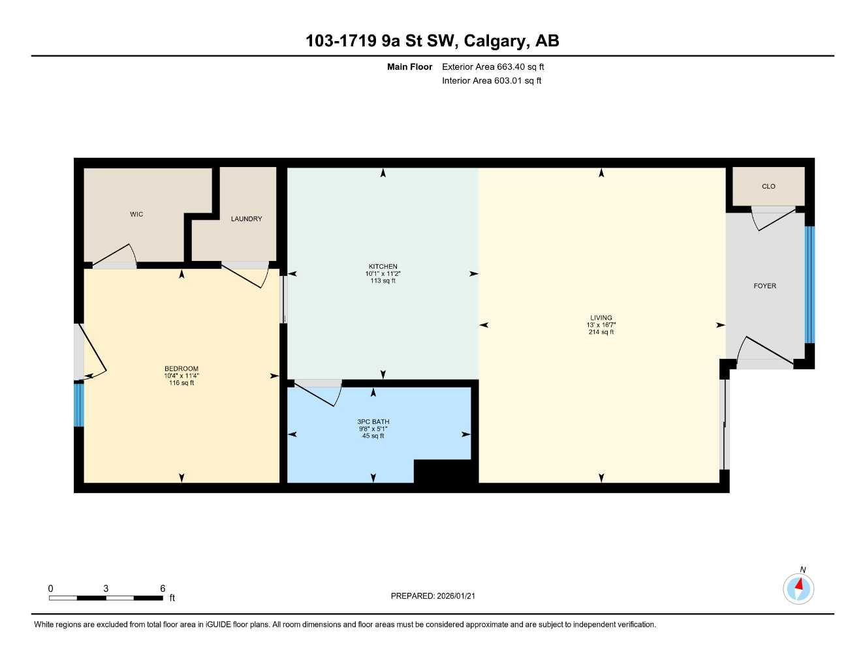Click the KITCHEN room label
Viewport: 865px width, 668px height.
(383, 266)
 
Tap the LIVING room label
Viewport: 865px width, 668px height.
(601, 318)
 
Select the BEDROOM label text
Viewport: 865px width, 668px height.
(181, 369)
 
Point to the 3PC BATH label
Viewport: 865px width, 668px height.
(373, 421)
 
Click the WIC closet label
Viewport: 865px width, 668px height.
(136, 214)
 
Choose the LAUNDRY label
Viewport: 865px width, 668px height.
(246, 219)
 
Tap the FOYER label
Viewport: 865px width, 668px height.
(764, 286)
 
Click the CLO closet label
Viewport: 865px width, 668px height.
(768, 187)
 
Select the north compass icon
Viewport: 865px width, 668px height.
(798, 588)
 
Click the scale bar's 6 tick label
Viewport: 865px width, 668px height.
(163, 588)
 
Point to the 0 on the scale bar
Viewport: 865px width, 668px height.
(51, 588)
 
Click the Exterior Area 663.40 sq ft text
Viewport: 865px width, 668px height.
(493, 67)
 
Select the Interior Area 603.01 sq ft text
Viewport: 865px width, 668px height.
(492, 81)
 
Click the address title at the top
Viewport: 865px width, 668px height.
(432, 41)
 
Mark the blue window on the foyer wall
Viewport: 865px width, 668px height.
(810, 284)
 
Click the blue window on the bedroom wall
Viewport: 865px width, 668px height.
(79, 404)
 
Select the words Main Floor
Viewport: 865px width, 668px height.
(409, 67)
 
